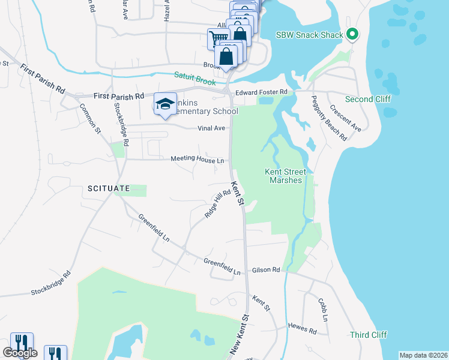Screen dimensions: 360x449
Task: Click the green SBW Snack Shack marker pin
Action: pos(352,34)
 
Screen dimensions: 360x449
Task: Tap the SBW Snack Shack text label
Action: pos(310,35)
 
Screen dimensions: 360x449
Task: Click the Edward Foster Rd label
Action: pos(262,92)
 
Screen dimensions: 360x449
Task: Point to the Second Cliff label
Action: pos(368,98)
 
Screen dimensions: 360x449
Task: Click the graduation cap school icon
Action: pos(165,104)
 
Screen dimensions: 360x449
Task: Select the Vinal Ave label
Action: pos(211,128)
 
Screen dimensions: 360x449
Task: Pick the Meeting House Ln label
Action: pos(197,160)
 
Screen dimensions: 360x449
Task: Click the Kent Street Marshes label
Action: pos(286,176)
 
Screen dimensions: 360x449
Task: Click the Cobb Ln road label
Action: pos(323,309)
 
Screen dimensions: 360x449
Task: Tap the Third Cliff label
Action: pos(369,334)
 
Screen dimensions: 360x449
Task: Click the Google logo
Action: pos(20,353)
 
